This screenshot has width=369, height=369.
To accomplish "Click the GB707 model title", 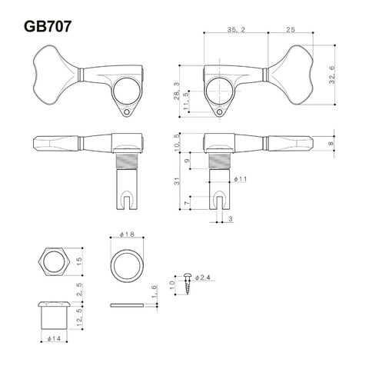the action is pos(48,26).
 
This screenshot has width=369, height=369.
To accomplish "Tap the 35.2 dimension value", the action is pos(236,30).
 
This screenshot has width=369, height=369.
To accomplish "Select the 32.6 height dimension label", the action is pos(332,75).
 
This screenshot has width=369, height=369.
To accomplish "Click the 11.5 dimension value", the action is pos(186,101).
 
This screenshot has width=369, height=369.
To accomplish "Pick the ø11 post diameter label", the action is pos(240,179).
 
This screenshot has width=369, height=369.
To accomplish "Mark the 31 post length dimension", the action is pos(177,181).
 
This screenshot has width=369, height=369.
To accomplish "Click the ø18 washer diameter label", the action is pos(127,234).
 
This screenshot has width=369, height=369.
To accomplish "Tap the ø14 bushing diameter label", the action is pos(54,338).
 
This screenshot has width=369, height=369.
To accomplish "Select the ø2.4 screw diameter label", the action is pos(202,278).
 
